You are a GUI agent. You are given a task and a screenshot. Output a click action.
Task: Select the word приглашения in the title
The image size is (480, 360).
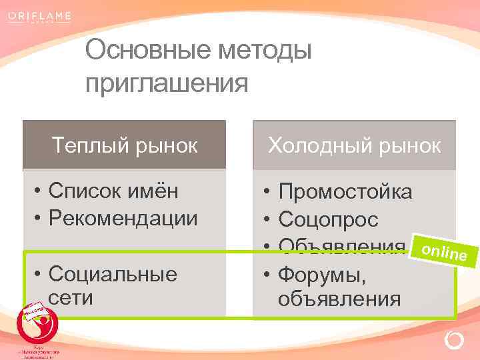click(167, 83)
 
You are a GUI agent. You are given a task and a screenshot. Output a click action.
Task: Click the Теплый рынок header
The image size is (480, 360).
click(125, 145)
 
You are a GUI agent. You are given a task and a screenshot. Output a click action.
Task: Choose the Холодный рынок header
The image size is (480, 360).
click(354, 145)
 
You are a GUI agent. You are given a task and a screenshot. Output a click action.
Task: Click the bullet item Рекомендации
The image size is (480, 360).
click(123, 218)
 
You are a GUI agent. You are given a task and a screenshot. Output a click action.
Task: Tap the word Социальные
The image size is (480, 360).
click(113, 273)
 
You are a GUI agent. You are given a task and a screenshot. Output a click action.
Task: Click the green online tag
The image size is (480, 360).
click(443, 250)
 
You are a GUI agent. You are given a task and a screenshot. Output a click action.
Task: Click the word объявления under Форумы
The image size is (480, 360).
click(339, 297)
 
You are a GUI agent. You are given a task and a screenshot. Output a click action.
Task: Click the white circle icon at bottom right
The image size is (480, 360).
click(453, 341)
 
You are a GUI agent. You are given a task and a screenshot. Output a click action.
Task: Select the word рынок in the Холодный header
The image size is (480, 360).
click(408, 145)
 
